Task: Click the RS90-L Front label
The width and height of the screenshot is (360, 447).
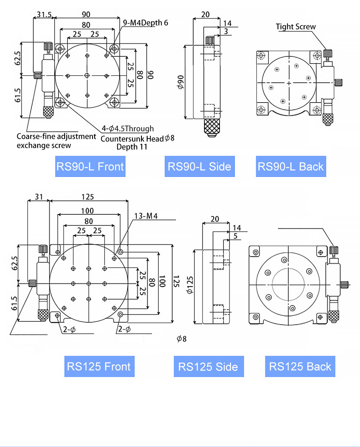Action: pos(90,166)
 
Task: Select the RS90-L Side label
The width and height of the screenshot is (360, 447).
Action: pos(199,166)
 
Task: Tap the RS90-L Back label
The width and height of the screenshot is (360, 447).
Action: pos(291,166)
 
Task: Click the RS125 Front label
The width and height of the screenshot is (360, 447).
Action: pos(99,366)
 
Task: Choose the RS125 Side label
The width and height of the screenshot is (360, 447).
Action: pos(208,366)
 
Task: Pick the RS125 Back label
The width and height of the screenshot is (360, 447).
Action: pos(300,366)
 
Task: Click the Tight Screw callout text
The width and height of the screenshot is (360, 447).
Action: pos(296,27)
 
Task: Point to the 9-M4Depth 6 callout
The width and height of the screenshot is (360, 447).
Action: pos(145,23)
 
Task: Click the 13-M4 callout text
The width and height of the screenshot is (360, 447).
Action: pos(146,216)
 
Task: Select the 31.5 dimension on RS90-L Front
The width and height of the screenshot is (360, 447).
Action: pos(44,14)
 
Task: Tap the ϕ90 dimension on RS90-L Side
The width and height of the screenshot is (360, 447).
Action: pos(180,82)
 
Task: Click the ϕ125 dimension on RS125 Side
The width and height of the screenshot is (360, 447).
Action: pos(190,285)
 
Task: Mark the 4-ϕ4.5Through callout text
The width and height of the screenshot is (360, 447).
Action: pos(128,129)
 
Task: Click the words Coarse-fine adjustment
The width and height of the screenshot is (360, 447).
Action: pos(56,136)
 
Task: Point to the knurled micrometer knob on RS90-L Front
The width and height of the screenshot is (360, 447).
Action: pos(48,112)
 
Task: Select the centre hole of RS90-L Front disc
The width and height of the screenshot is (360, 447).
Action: pos(87,76)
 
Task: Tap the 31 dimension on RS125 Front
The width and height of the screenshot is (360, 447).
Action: pos(39,197)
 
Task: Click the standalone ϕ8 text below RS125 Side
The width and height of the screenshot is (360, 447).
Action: pos(181,339)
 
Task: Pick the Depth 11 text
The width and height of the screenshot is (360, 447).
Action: pos(132,147)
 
